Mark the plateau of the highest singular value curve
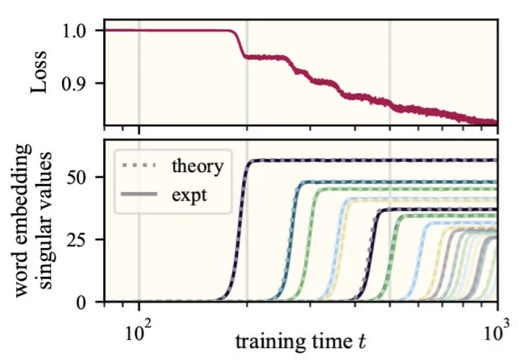coord(371,160)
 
